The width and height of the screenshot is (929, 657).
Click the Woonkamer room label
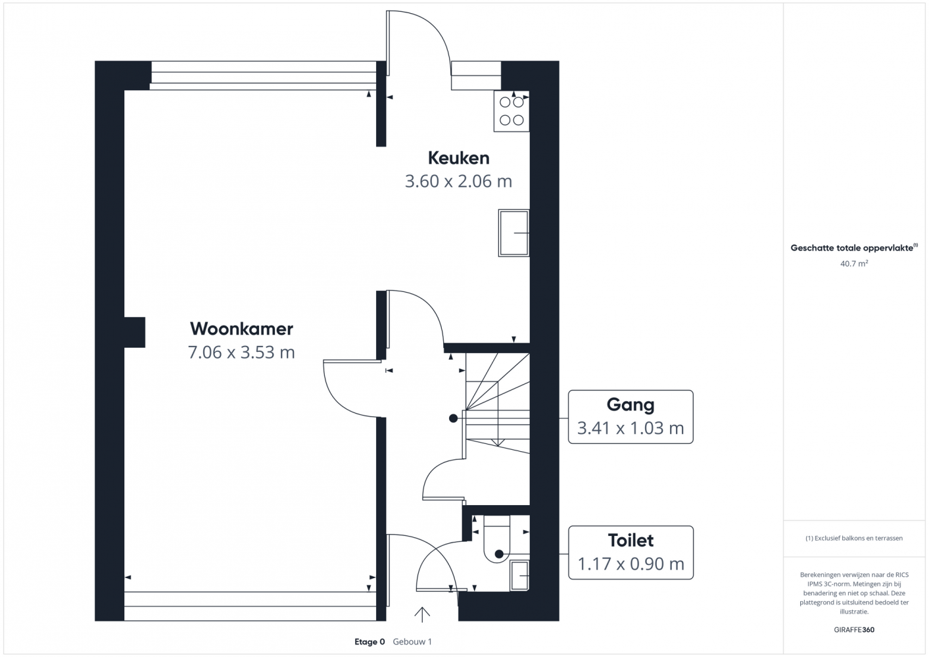(x=241, y=329)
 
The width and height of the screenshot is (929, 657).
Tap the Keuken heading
(x=459, y=158)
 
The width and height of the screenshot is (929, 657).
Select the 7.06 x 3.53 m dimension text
(x=241, y=352)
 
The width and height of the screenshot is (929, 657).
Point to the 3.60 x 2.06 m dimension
(x=458, y=182)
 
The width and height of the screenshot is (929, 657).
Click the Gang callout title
(x=631, y=405)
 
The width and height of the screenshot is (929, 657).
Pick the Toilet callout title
(x=631, y=541)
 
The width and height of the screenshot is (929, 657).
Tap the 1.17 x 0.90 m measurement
(x=631, y=564)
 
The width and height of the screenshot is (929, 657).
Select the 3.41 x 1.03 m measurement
(x=631, y=428)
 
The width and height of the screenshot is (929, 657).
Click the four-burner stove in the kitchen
(x=512, y=111)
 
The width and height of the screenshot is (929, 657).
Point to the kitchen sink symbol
(x=514, y=233)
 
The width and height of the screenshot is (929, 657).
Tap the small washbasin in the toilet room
(x=519, y=575)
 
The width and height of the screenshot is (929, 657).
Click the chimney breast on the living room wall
(x=135, y=332)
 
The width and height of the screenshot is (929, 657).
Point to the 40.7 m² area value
(x=854, y=263)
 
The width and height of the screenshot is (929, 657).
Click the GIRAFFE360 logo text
(x=854, y=629)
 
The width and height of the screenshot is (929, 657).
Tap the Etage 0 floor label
(x=369, y=642)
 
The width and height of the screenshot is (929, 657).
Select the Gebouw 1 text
(x=412, y=642)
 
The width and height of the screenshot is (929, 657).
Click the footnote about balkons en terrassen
(x=854, y=538)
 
